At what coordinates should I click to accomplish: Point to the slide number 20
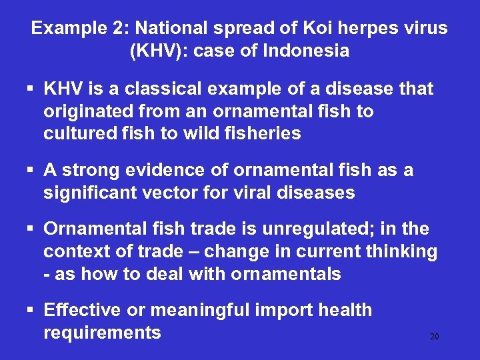[x=434, y=337]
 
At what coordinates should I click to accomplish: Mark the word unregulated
[x=298, y=229]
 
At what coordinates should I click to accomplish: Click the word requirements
[x=102, y=333]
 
